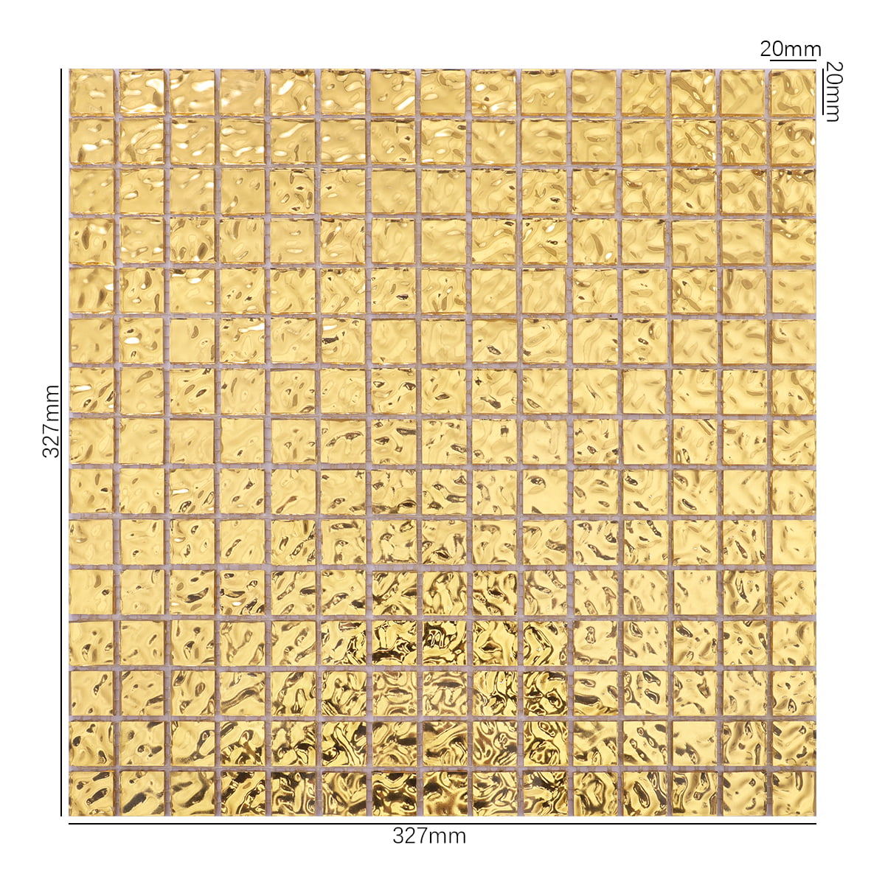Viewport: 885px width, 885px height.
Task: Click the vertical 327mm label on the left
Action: coord(51,421)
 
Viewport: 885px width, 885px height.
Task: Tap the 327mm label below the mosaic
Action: coord(429,836)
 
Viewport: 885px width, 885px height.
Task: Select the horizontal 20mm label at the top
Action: coord(791,49)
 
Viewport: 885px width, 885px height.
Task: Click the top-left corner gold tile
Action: coord(92,91)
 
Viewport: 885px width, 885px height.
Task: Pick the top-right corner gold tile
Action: coord(793,91)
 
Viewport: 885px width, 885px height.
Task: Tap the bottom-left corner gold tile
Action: coord(92,793)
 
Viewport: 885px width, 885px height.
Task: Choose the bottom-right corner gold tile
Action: coord(793,793)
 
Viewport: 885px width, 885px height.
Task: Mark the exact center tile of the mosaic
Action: coord(442,442)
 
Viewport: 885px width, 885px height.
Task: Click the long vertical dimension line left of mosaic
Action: coord(60,442)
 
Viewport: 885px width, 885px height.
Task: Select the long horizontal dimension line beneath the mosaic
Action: coord(442,823)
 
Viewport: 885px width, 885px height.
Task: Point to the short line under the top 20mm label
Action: coord(793,62)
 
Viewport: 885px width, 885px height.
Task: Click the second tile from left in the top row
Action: coord(142,91)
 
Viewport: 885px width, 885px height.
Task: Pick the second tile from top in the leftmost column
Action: coord(92,142)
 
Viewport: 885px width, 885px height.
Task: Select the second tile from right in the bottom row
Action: coord(743,793)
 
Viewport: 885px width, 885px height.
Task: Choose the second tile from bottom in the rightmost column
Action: coord(793,743)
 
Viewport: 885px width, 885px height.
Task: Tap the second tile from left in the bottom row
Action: coord(142,793)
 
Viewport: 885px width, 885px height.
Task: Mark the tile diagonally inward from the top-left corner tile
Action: coord(142,142)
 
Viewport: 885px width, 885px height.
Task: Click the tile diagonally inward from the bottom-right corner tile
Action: coord(743,743)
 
